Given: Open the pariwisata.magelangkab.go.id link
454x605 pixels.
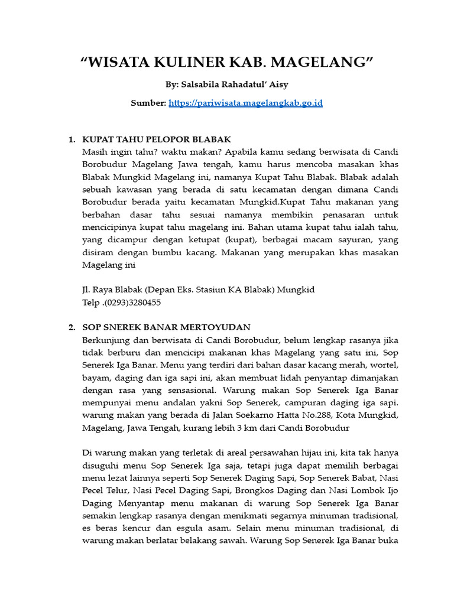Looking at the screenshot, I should [x=245, y=103].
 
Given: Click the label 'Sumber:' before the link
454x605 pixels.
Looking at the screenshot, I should [x=148, y=103].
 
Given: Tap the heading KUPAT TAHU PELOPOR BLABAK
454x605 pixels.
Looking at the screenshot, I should [x=156, y=139].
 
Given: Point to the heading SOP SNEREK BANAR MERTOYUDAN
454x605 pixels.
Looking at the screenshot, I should [x=166, y=327].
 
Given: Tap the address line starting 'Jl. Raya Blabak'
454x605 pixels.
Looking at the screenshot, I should [x=198, y=290].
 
